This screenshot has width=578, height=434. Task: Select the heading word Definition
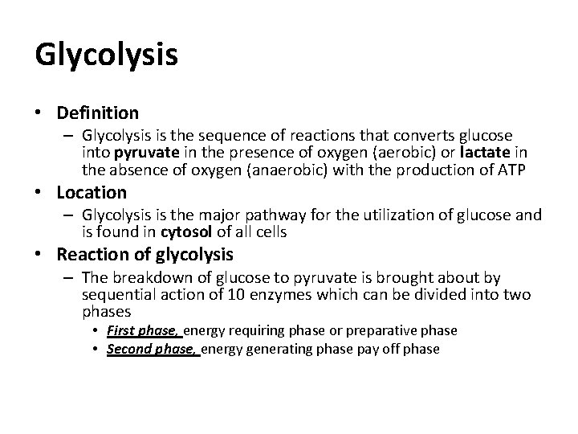(x=97, y=113)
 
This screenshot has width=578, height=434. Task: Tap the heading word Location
(x=92, y=193)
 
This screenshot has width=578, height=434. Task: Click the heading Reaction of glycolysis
(x=145, y=255)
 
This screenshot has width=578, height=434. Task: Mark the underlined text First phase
(x=144, y=330)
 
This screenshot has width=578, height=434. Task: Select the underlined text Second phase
(x=153, y=350)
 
